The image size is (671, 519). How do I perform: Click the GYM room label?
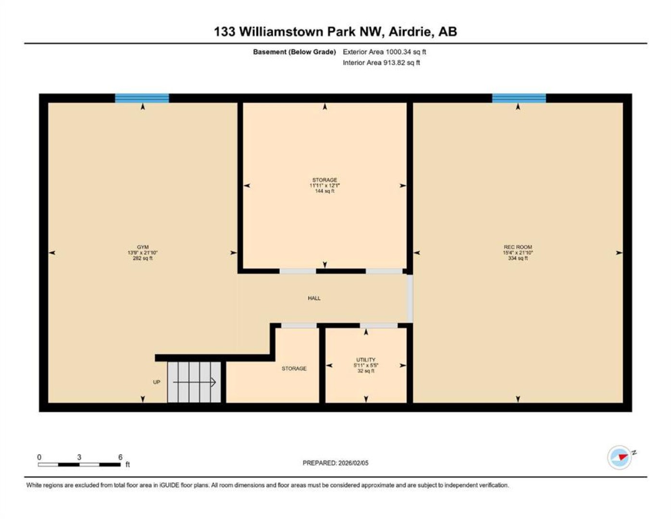coord(143,247)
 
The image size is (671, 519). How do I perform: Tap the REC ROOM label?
coord(518,247)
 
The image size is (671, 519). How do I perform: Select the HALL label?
coord(314,298)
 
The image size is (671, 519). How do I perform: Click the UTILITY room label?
coord(366,359)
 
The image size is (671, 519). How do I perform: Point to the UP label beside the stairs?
coord(157,382)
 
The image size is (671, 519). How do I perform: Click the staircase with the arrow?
coord(194,382)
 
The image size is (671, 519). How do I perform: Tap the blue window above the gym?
coord(142,98)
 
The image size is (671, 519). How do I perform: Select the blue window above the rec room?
coord(519,98)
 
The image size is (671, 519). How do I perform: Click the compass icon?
coord(620,457)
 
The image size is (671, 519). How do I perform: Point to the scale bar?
coord(79,464)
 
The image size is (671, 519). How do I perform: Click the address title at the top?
coord(335,32)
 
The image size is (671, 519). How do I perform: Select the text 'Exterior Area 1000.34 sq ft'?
coord(384,52)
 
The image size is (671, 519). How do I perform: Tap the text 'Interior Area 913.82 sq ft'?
coord(381,62)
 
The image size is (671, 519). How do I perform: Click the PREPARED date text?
coord(335,463)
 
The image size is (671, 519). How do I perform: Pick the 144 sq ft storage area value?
coord(324,191)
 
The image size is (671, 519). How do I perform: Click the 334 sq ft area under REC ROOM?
coord(518,258)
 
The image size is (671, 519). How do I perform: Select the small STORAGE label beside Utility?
coord(294,369)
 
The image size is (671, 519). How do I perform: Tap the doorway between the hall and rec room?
coord(410,298)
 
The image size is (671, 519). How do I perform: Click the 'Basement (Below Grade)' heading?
coord(294,52)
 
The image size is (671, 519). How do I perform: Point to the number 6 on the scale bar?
coord(120,457)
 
